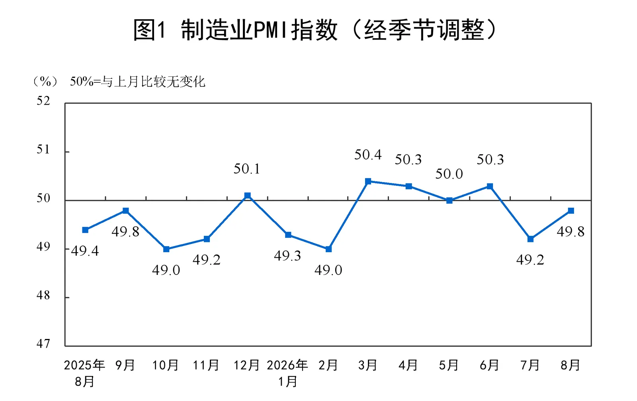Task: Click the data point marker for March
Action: coord(368,181)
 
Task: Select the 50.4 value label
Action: coord(368,155)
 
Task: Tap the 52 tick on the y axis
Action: coord(43,101)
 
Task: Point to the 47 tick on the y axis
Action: coord(43,344)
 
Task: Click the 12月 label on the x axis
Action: coord(246,365)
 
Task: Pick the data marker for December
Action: coord(247,195)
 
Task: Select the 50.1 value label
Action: coord(247,169)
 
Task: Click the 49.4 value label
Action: coord(85,251)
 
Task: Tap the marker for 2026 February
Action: coord(328,249)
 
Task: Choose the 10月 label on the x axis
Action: coord(165,365)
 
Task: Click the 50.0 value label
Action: coord(449,174)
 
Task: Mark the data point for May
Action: coord(449,200)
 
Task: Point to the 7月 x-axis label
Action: coord(530,365)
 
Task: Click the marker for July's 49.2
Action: coord(530,239)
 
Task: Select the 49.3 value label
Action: coord(287,256)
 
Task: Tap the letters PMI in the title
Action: coord(271,30)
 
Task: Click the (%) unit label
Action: coord(45,82)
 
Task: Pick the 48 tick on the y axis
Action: coord(43,296)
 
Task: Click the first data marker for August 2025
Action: coord(85,230)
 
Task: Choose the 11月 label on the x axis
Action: coord(206,365)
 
